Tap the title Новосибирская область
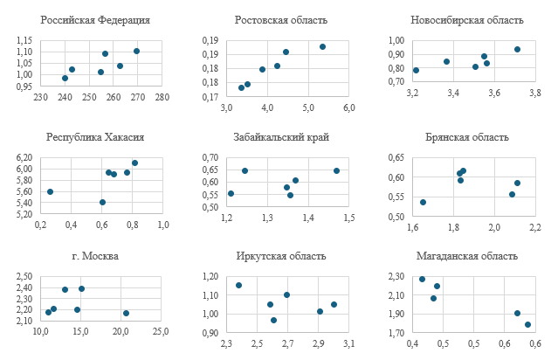(467, 20)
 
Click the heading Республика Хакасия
(95, 137)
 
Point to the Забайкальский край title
(281, 137)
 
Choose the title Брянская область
(467, 137)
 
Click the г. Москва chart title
(95, 256)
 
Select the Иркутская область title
(281, 256)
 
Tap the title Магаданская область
(467, 256)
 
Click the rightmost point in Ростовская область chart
(322, 46)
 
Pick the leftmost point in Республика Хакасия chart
(50, 191)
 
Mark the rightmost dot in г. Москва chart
(126, 313)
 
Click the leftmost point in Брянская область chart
(424, 202)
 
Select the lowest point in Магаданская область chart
(527, 324)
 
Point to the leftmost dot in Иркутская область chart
(238, 285)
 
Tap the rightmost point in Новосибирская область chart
(517, 49)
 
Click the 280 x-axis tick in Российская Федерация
(162, 97)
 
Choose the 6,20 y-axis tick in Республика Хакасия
(24, 157)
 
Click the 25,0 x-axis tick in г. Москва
(162, 332)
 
